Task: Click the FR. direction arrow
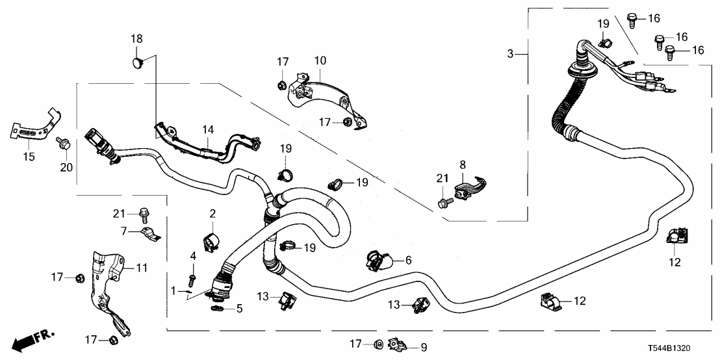pyautogui.click(x=32, y=339)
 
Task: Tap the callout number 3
pyautogui.click(x=511, y=54)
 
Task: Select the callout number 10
pyautogui.click(x=320, y=60)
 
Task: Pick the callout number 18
pyautogui.click(x=136, y=40)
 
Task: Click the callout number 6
pyautogui.click(x=409, y=260)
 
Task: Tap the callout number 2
pyautogui.click(x=212, y=213)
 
